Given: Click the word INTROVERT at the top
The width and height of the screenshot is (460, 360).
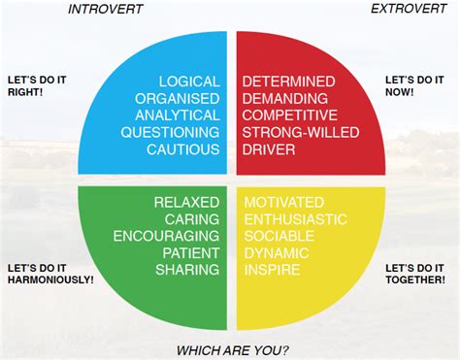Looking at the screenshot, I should pos(105,10).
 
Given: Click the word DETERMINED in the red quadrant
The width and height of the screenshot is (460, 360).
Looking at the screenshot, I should pos(289,82).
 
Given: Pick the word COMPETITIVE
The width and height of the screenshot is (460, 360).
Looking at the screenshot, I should pos(289,115).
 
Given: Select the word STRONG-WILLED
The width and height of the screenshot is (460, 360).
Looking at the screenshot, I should pos(296,133).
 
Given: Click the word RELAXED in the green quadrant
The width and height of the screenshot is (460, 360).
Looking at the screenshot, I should pos(186,202).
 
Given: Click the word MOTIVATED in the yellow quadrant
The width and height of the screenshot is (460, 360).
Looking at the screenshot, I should pos(283,202).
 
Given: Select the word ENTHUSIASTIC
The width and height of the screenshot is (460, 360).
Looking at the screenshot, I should pos(294,218).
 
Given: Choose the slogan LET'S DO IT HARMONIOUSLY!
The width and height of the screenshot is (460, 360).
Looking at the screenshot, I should pos(49,273).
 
